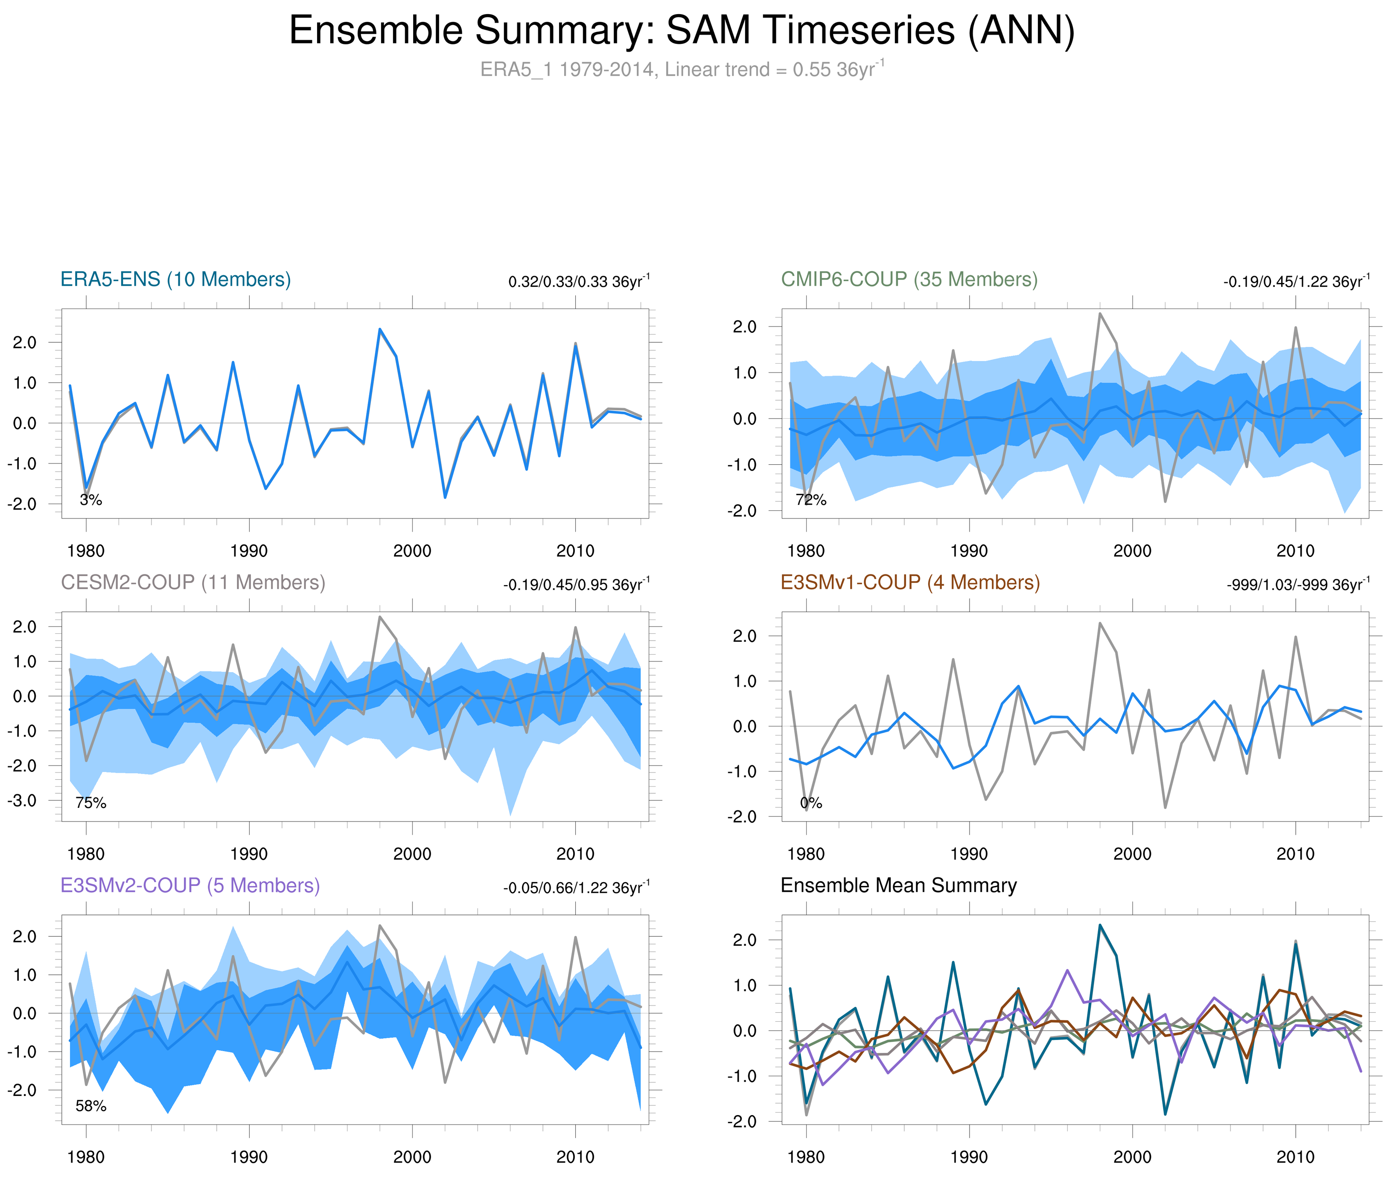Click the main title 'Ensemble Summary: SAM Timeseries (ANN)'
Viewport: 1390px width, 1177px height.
point(681,31)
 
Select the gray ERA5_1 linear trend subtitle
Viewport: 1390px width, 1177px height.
point(681,70)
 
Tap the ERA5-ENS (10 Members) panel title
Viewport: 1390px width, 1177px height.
point(175,280)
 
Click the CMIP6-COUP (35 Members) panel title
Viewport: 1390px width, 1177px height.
point(909,280)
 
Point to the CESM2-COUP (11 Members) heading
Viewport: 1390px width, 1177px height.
point(193,583)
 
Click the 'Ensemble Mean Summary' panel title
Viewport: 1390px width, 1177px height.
point(898,886)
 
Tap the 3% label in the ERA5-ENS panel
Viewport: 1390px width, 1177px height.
point(91,500)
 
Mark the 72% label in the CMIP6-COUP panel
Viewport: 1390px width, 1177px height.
point(811,500)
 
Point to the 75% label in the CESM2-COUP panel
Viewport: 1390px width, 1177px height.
point(91,803)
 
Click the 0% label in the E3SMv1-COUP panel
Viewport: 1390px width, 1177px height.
point(811,803)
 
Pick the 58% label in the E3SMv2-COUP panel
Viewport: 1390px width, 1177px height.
point(91,1106)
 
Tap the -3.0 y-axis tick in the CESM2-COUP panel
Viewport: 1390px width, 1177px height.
point(22,800)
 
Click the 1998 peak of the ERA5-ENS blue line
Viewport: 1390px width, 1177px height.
point(380,329)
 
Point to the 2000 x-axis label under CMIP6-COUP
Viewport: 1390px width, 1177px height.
point(1132,551)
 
